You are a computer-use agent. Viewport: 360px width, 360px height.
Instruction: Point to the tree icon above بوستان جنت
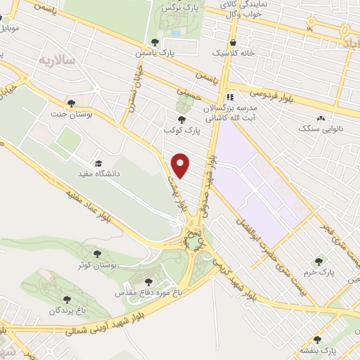pos(70,103)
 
